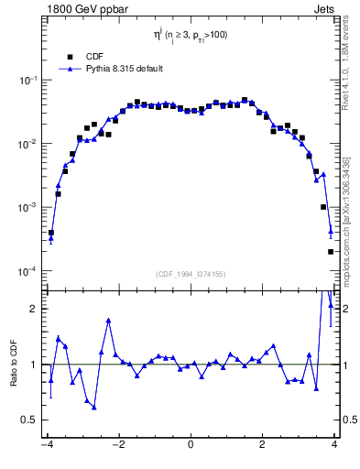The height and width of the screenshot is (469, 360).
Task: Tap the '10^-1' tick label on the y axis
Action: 27,81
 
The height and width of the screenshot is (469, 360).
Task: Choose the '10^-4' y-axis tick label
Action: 27,272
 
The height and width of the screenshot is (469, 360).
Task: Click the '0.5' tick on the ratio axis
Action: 29,420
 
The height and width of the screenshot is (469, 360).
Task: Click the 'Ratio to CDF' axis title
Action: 14,377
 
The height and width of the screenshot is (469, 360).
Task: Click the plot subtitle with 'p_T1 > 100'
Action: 191,38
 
